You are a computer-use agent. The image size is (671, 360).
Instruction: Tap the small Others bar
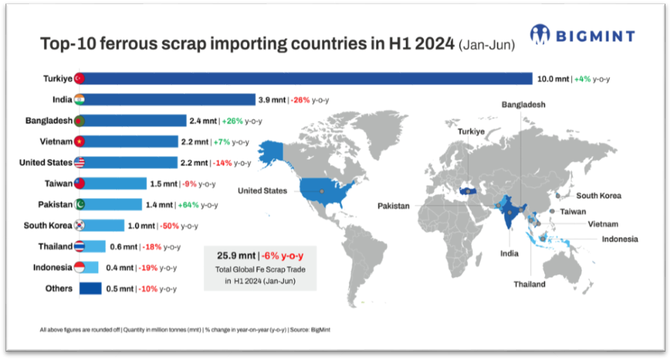coord(91,288)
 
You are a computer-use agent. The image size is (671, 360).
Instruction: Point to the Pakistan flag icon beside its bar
coord(80,205)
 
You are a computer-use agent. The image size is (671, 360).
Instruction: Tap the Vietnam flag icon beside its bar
coord(80,142)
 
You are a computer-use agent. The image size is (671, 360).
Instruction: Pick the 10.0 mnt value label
coord(553,79)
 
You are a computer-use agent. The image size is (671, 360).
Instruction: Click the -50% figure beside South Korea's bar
coord(168,226)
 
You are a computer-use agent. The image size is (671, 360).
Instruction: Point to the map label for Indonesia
coord(620,240)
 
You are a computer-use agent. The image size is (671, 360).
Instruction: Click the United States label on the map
coord(262,190)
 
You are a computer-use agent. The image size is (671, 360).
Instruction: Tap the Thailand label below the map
coord(529,284)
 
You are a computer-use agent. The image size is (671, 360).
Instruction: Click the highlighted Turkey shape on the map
coord(465,190)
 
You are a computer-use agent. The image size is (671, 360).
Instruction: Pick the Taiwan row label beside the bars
coord(57,183)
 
